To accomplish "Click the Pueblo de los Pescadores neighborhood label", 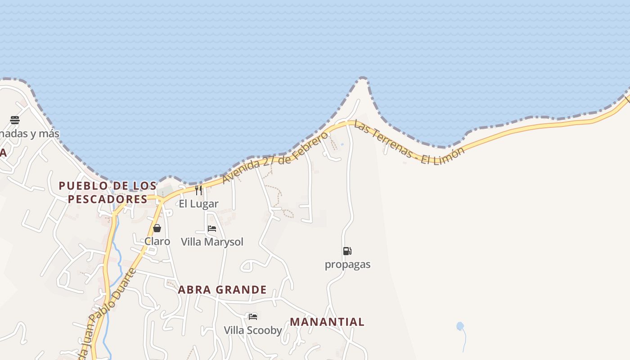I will tap(108, 192).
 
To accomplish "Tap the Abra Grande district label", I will tap(222, 289).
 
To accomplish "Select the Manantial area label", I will tap(327, 322).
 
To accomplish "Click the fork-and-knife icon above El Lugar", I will tap(198, 190).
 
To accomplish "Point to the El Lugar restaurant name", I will tap(198, 204).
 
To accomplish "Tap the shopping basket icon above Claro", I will tap(157, 228).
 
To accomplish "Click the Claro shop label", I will tap(157, 242).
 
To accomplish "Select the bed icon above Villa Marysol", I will tap(212, 229).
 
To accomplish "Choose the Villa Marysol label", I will tap(212, 242).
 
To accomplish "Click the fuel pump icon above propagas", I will tap(347, 251).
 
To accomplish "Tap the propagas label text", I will tap(347, 265).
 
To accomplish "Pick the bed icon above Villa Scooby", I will tap(253, 317).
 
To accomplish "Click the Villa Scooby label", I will tap(253, 330).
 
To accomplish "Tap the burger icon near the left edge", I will tap(15, 120).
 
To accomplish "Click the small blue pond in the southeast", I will tap(460, 326).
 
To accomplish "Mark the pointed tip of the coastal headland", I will tap(363, 78).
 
